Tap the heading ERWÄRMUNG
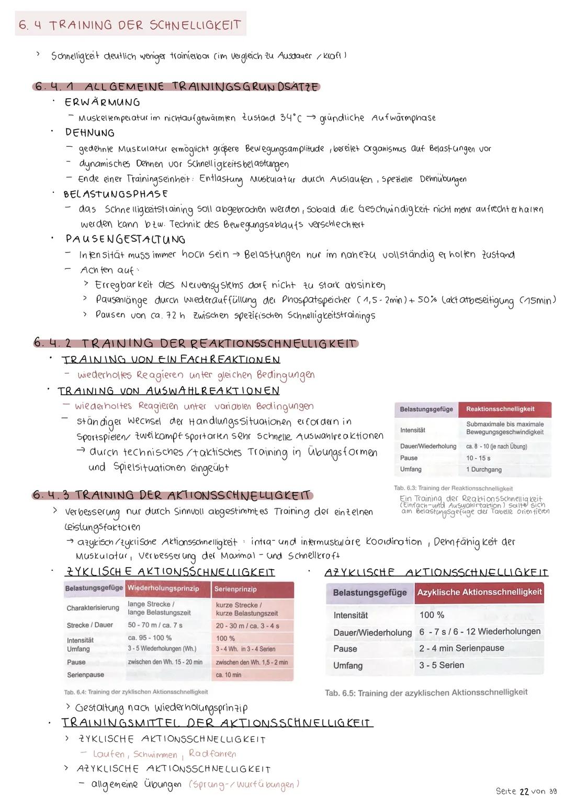[103, 102]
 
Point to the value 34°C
[290, 118]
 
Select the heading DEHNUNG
[89, 133]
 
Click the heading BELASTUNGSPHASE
[116, 194]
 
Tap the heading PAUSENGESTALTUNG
[125, 239]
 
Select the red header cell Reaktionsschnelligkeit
[500, 409]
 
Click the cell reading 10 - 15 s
[478, 458]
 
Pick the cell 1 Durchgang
[483, 469]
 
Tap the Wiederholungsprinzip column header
[164, 588]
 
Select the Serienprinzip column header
[235, 589]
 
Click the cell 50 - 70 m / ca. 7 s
[155, 625]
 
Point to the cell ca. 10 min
[229, 675]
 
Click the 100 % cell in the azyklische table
[432, 615]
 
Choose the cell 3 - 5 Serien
[442, 665]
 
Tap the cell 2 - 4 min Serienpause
[461, 648]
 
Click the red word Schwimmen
[155, 754]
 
